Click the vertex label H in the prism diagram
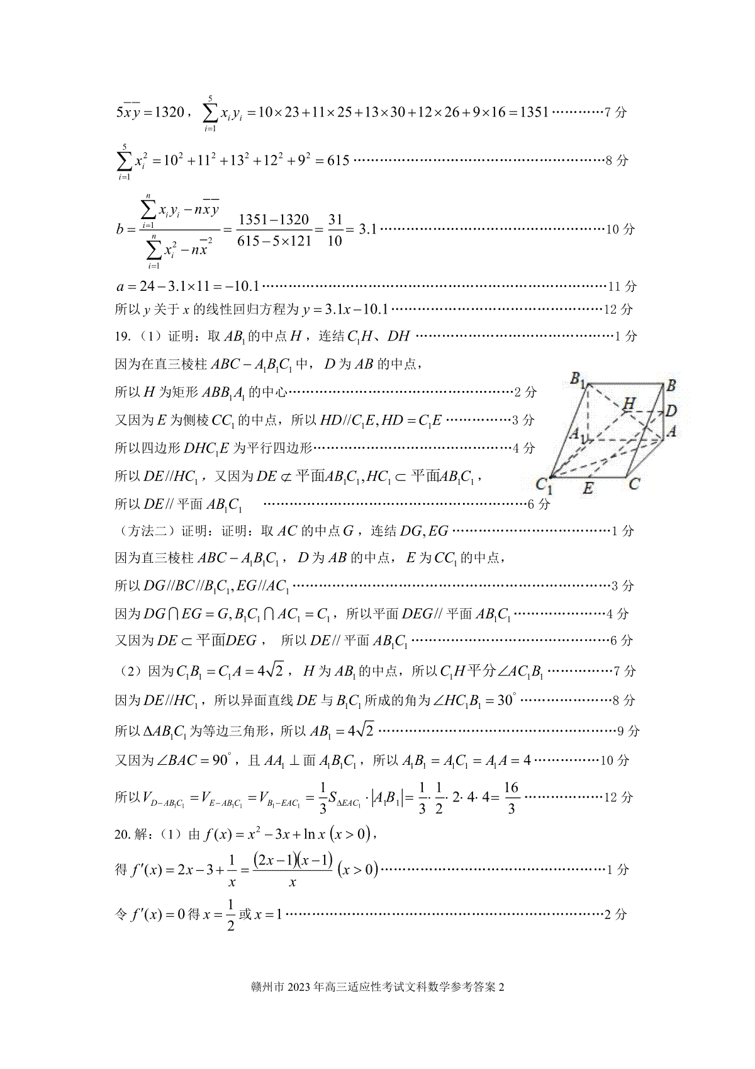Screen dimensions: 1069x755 click(x=628, y=404)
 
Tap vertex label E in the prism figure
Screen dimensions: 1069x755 click(x=588, y=488)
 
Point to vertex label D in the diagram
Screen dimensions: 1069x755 click(x=671, y=411)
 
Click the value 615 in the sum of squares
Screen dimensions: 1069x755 click(x=338, y=161)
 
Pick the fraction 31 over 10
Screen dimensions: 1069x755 click(x=335, y=230)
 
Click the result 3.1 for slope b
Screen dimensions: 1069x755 click(x=367, y=229)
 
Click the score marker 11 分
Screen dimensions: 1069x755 click(x=622, y=286)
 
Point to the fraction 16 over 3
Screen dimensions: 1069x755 click(x=511, y=798)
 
